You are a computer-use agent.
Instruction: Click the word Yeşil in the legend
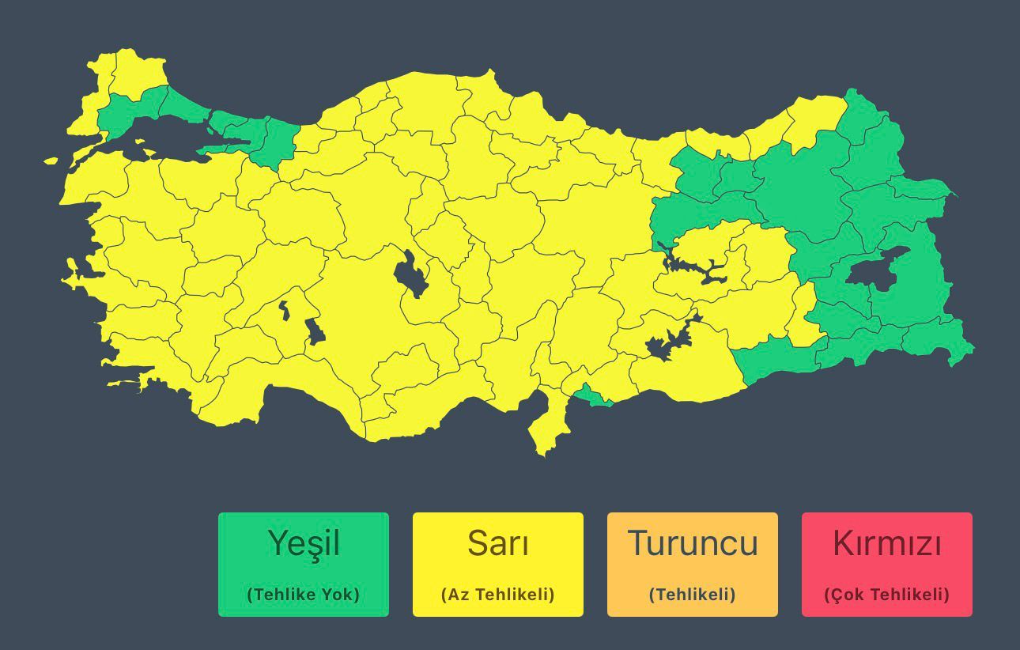tap(304, 543)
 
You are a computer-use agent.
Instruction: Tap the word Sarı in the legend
tap(498, 543)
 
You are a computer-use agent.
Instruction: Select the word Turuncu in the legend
tap(693, 543)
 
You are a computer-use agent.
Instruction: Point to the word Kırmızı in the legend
tap(887, 543)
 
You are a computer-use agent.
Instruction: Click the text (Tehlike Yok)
tap(304, 594)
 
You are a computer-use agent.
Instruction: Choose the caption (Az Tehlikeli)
tap(498, 594)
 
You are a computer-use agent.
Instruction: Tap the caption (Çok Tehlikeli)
tap(887, 594)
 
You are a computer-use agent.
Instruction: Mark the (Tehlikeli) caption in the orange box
tap(693, 594)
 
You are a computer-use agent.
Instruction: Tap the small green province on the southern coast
tap(593, 395)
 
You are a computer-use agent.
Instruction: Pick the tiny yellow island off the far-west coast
tap(51, 161)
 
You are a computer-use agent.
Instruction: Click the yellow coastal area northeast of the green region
tap(814, 119)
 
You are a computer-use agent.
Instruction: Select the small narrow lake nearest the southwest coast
tap(284, 311)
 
